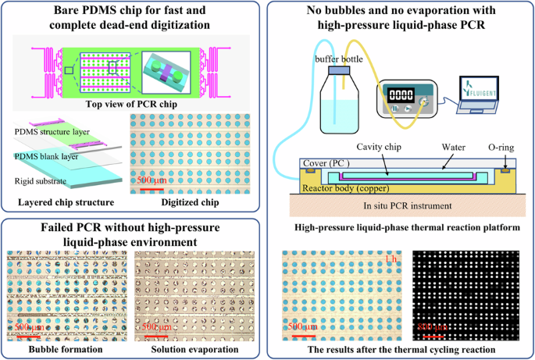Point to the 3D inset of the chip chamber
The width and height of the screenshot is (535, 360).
(x=169, y=68)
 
